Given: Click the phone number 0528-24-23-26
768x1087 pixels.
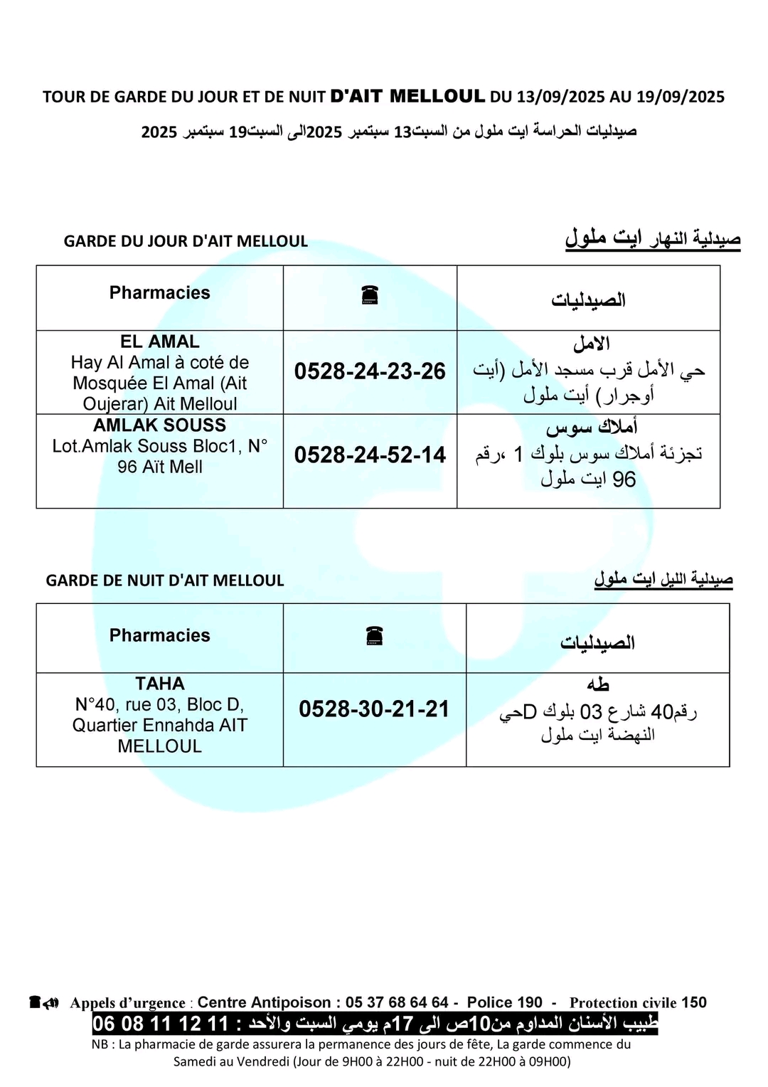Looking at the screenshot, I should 370,371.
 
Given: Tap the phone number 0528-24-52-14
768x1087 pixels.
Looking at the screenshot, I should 370,455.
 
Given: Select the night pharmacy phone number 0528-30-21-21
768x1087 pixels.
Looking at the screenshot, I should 374,709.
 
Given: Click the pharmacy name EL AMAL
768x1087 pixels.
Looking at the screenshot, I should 160,341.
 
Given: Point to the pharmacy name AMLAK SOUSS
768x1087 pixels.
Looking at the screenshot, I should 160,425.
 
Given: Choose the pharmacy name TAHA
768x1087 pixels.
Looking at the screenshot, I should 160,684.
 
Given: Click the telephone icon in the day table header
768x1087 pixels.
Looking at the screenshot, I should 370,295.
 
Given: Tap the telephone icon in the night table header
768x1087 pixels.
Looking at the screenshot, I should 375,635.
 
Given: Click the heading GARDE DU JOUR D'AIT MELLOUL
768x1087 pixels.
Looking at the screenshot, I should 186,241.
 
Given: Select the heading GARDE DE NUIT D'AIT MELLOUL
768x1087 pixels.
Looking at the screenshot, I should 165,580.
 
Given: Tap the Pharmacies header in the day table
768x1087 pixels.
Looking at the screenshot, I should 160,293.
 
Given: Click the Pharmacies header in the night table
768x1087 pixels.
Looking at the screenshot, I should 160,635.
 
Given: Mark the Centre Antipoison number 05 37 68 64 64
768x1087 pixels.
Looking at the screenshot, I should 397,1002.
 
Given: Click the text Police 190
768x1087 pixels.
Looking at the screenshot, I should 505,1002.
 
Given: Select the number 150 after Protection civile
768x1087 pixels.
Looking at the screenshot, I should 694,1002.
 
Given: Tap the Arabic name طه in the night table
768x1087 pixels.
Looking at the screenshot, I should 598,684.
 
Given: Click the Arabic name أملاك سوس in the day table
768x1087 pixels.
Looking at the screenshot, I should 592,428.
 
